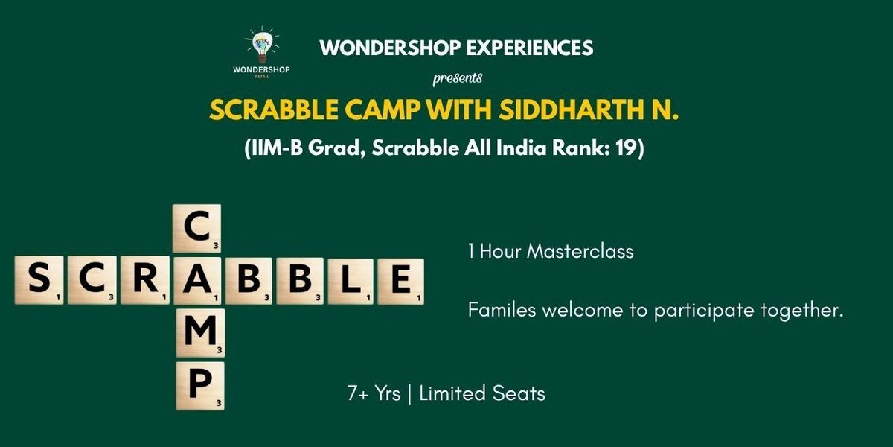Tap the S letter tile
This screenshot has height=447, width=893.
coord(39,280)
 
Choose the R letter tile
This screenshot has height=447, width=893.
coord(145,280)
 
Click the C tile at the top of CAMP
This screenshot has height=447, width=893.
coord(196,228)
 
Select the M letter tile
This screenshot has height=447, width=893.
coord(199,333)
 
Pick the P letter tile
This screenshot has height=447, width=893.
coord(199,386)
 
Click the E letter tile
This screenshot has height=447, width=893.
coord(400,280)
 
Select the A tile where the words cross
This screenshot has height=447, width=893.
coord(196,280)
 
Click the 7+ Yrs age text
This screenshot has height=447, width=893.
coord(375,393)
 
